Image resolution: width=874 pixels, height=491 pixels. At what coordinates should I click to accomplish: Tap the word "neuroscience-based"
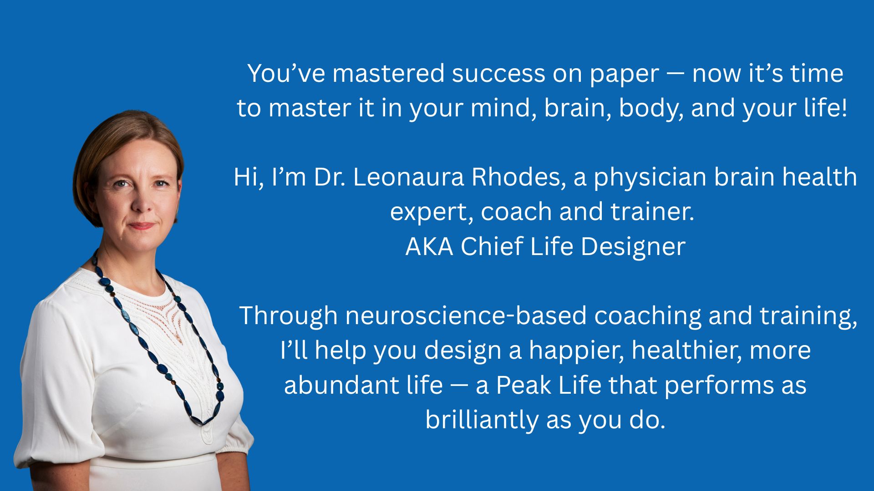click(466, 316)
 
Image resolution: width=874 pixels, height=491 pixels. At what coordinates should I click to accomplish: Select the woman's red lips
click(142, 226)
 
